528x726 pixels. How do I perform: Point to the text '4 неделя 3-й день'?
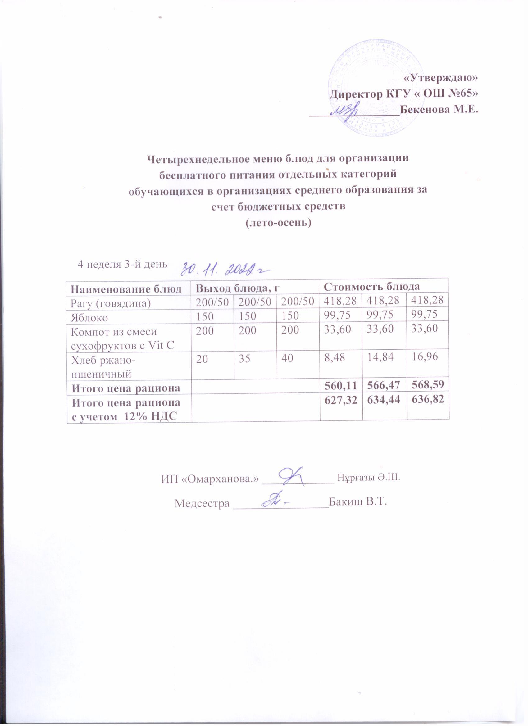pyautogui.click(x=122, y=264)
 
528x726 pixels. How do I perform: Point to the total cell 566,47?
pyautogui.click(x=384, y=387)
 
